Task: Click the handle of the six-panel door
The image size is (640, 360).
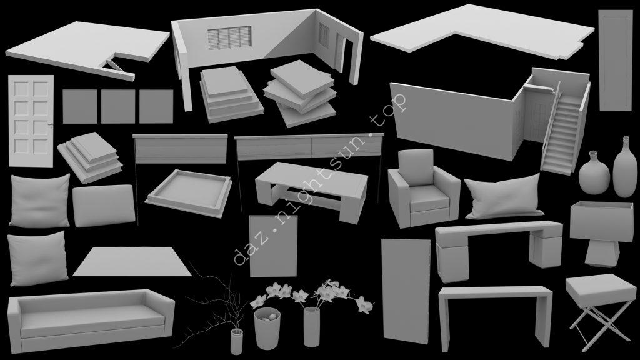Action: coord(51,124)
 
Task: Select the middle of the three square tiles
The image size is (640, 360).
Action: coord(118,106)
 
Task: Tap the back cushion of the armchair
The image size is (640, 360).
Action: coord(416,167)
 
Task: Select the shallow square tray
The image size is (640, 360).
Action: coord(189,193)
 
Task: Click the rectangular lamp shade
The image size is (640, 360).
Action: coord(602,221)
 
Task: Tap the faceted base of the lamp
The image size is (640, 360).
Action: coord(602,253)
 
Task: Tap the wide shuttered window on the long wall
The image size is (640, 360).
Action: coord(229,37)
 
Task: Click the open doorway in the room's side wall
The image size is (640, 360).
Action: coord(345,56)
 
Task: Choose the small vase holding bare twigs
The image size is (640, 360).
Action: coord(236,341)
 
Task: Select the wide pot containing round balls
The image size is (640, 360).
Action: coord(267,327)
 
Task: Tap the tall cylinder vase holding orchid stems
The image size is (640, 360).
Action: coord(311,326)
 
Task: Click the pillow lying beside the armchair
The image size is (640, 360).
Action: coord(504,196)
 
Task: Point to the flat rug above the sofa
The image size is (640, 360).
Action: coord(132,261)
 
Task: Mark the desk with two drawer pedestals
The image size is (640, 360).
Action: coord(499,249)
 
